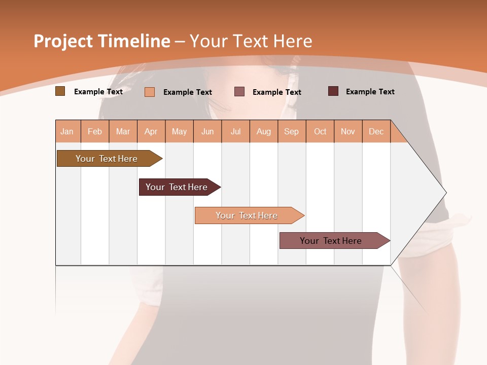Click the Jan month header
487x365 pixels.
click(x=67, y=131)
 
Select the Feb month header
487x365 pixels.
click(x=95, y=131)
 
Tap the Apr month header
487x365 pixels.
click(x=151, y=131)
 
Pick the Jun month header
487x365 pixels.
click(x=207, y=131)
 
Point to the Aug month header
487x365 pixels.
click(x=263, y=131)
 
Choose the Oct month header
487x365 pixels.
click(x=320, y=131)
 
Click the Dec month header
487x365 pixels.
click(x=376, y=131)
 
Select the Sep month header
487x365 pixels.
click(x=291, y=131)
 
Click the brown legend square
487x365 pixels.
click(x=60, y=91)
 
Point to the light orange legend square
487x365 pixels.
click(x=150, y=92)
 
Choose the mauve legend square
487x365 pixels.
click(x=239, y=91)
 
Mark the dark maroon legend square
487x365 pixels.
click(x=333, y=91)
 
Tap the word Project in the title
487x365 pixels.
click(x=63, y=41)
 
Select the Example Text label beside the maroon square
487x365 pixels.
click(x=370, y=92)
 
